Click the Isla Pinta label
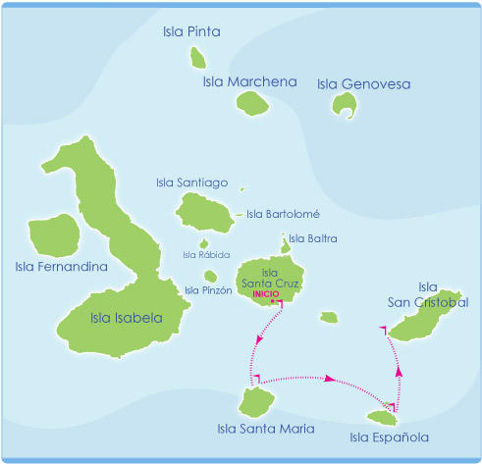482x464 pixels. pos(191,32)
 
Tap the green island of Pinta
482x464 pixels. pos(197,59)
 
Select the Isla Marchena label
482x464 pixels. pos(249,81)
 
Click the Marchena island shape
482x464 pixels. pos(251,102)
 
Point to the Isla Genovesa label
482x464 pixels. pos(363,83)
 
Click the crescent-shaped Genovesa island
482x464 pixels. pos(343,105)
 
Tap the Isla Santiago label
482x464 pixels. pos(191,181)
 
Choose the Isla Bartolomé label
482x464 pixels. pos(283,214)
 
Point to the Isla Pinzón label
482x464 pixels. pos(208,290)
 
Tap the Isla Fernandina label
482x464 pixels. pos(61,267)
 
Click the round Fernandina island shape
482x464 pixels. pos(56,235)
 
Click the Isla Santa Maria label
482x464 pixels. pos(265,428)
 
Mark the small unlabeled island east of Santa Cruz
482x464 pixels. pos(328,317)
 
